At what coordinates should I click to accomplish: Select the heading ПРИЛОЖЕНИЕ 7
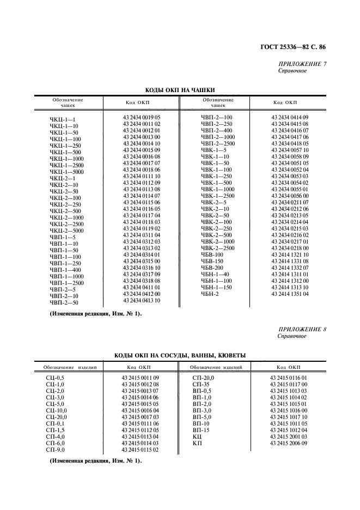[302, 65]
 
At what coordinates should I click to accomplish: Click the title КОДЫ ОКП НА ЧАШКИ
[180, 90]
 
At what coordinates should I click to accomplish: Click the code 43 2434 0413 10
[141, 300]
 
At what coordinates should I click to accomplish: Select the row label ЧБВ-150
[212, 261]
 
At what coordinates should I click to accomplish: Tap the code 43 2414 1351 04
[290, 294]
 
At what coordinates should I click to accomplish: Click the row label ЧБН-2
[209, 294]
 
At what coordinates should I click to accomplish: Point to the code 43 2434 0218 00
[290, 248]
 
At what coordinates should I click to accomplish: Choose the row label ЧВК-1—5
[213, 150]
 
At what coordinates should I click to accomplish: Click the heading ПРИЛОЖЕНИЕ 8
[302, 330]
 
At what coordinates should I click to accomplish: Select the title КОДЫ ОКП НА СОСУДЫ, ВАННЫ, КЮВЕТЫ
[180, 355]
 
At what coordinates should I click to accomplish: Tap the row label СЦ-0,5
[56, 378]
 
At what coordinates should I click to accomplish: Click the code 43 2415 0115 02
[140, 450]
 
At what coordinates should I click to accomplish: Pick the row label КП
[197, 444]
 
